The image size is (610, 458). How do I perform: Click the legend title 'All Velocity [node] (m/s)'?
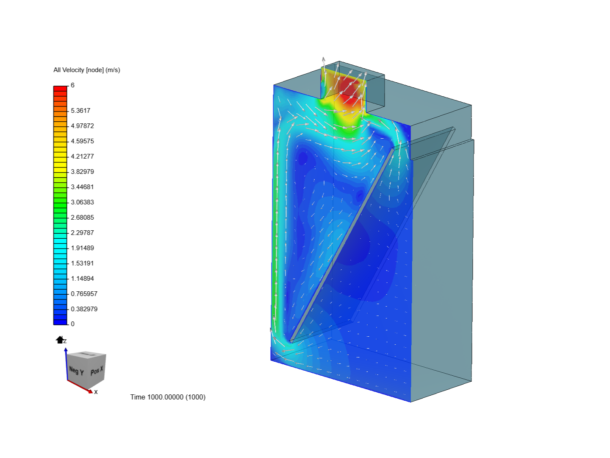pyautogui.click(x=86, y=70)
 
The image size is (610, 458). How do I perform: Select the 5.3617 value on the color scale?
pyautogui.click(x=80, y=111)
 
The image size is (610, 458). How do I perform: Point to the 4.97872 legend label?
pyautogui.click(x=82, y=126)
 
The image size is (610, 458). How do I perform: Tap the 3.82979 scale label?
pyautogui.click(x=82, y=172)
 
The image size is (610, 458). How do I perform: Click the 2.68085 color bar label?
pyautogui.click(x=82, y=218)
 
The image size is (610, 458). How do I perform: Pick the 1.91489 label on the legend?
pyautogui.click(x=82, y=248)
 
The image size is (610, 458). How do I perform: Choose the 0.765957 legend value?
pyautogui.click(x=84, y=294)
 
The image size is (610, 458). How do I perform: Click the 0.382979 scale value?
pyautogui.click(x=84, y=309)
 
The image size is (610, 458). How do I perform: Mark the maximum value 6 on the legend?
pyautogui.click(x=72, y=85)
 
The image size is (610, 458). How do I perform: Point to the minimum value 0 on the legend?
pyautogui.click(x=72, y=324)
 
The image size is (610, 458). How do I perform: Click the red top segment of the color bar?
pyautogui.click(x=60, y=88)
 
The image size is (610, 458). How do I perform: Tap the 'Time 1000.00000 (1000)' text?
pyautogui.click(x=168, y=397)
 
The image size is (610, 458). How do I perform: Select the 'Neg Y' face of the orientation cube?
pyautogui.click(x=76, y=371)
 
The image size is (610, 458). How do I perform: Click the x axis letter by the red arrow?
pyautogui.click(x=96, y=392)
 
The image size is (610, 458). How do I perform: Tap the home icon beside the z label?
pyautogui.click(x=59, y=340)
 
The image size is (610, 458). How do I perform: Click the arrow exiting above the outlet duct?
pyautogui.click(x=324, y=62)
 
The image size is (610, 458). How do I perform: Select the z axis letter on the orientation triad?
pyautogui.click(x=65, y=341)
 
